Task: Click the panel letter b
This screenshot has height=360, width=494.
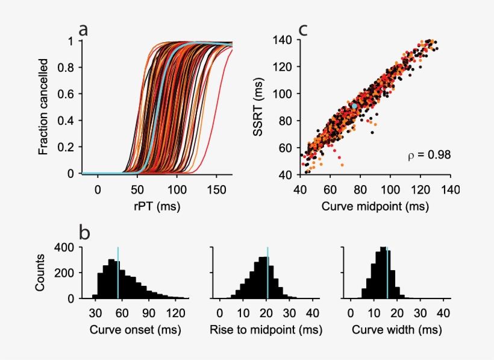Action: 86,233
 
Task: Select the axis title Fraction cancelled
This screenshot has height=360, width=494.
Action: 43,107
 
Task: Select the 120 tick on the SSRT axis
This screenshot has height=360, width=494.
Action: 284,67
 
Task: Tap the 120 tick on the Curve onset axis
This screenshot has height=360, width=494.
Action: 176,313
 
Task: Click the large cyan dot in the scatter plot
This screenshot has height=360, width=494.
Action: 355,105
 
